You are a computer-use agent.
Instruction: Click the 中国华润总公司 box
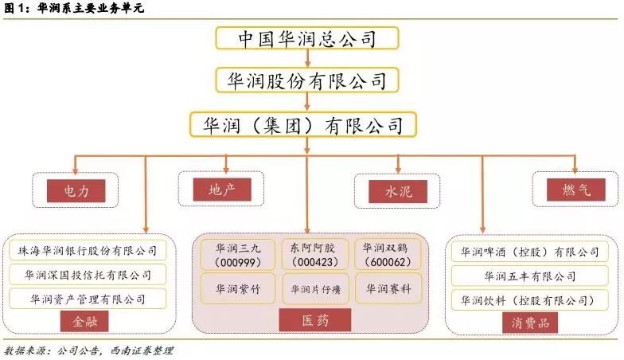306,39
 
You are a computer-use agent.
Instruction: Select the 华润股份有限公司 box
306,80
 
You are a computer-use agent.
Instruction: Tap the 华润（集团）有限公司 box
306,124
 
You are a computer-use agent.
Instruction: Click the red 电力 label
76,191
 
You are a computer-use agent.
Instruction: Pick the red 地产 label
222,189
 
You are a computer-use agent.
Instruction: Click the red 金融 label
84,322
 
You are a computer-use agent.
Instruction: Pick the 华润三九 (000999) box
235,254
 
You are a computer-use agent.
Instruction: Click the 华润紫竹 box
235,289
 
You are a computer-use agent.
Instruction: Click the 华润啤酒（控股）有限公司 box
529,252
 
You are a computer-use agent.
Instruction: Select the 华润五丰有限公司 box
529,276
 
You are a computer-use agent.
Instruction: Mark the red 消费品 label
529,323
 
